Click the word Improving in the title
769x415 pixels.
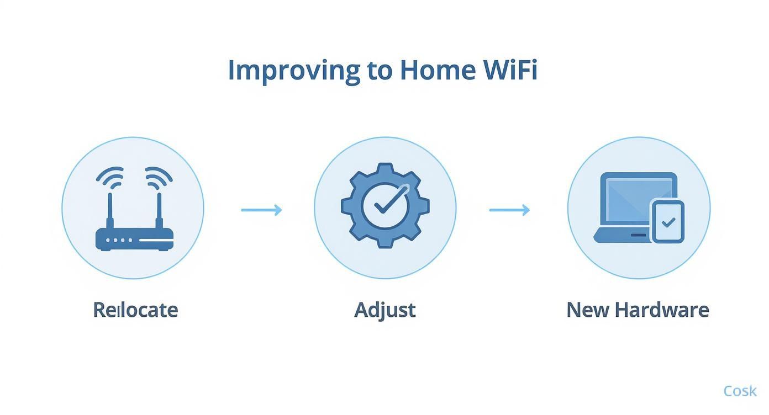293,71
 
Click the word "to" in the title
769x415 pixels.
379,71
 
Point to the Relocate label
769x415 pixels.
135,310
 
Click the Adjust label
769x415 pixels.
384,310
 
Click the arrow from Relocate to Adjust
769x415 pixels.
262,210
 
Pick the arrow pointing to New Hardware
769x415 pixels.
509,210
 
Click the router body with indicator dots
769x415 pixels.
134,240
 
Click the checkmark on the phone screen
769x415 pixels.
668,222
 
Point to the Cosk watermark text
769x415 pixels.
740,391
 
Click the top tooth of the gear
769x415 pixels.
385,169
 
